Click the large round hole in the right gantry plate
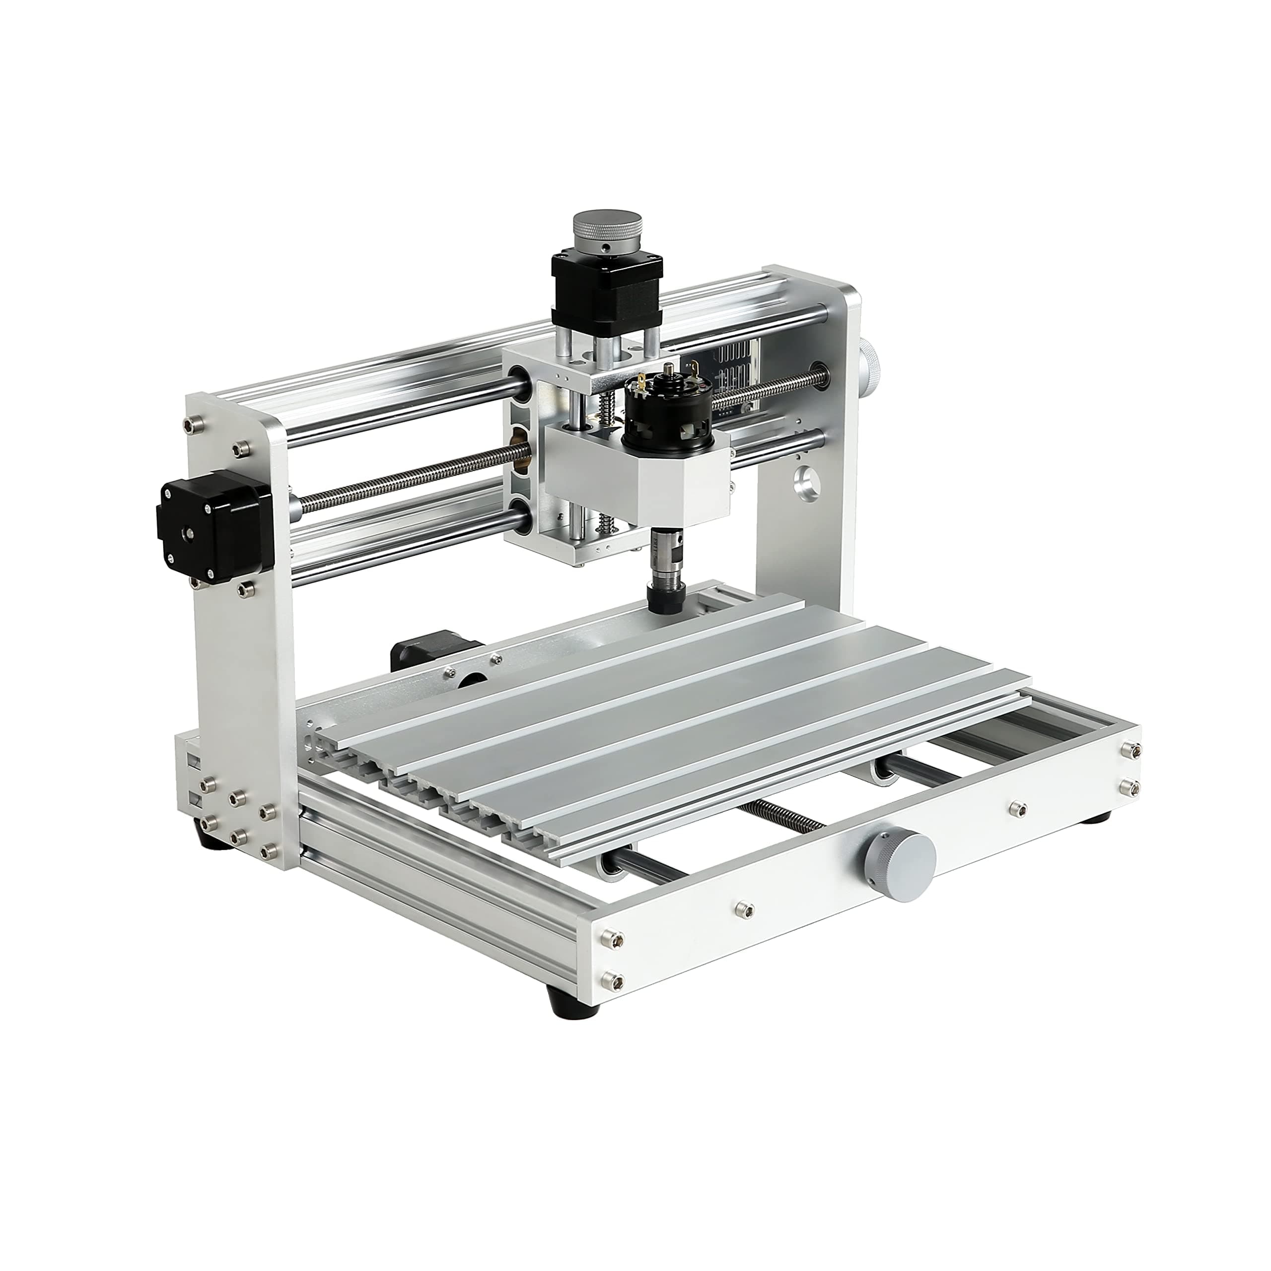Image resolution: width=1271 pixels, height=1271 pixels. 809,484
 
